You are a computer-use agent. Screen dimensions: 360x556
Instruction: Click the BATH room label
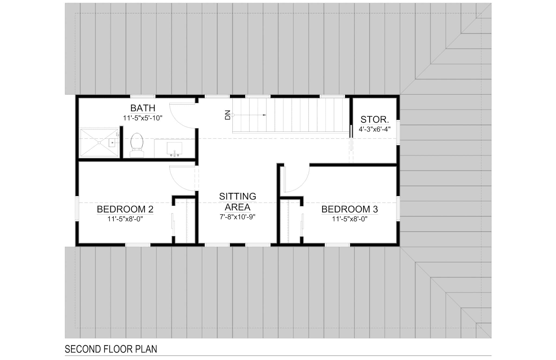[143, 108]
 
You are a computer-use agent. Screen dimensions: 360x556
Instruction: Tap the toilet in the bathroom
[137, 145]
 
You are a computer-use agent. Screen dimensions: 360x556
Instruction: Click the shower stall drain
[99, 143]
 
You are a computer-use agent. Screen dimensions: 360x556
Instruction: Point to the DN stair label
[228, 115]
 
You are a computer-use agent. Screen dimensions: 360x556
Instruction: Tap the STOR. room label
[375, 120]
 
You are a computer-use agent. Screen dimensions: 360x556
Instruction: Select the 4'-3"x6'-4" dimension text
[375, 129]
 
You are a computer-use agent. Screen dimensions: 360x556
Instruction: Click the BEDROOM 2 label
[125, 209]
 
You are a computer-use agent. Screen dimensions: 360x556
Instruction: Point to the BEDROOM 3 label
[350, 209]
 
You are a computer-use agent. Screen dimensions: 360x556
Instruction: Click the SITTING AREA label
[238, 202]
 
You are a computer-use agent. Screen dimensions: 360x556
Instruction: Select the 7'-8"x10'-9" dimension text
[238, 217]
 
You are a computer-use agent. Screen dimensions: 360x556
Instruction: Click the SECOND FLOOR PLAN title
[111, 349]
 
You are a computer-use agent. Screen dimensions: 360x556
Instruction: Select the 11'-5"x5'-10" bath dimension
[143, 118]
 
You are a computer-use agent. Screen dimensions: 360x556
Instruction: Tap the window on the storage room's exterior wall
[398, 132]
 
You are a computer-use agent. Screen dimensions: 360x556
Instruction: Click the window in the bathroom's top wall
[143, 96]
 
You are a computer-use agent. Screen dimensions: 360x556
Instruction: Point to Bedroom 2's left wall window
[77, 208]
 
